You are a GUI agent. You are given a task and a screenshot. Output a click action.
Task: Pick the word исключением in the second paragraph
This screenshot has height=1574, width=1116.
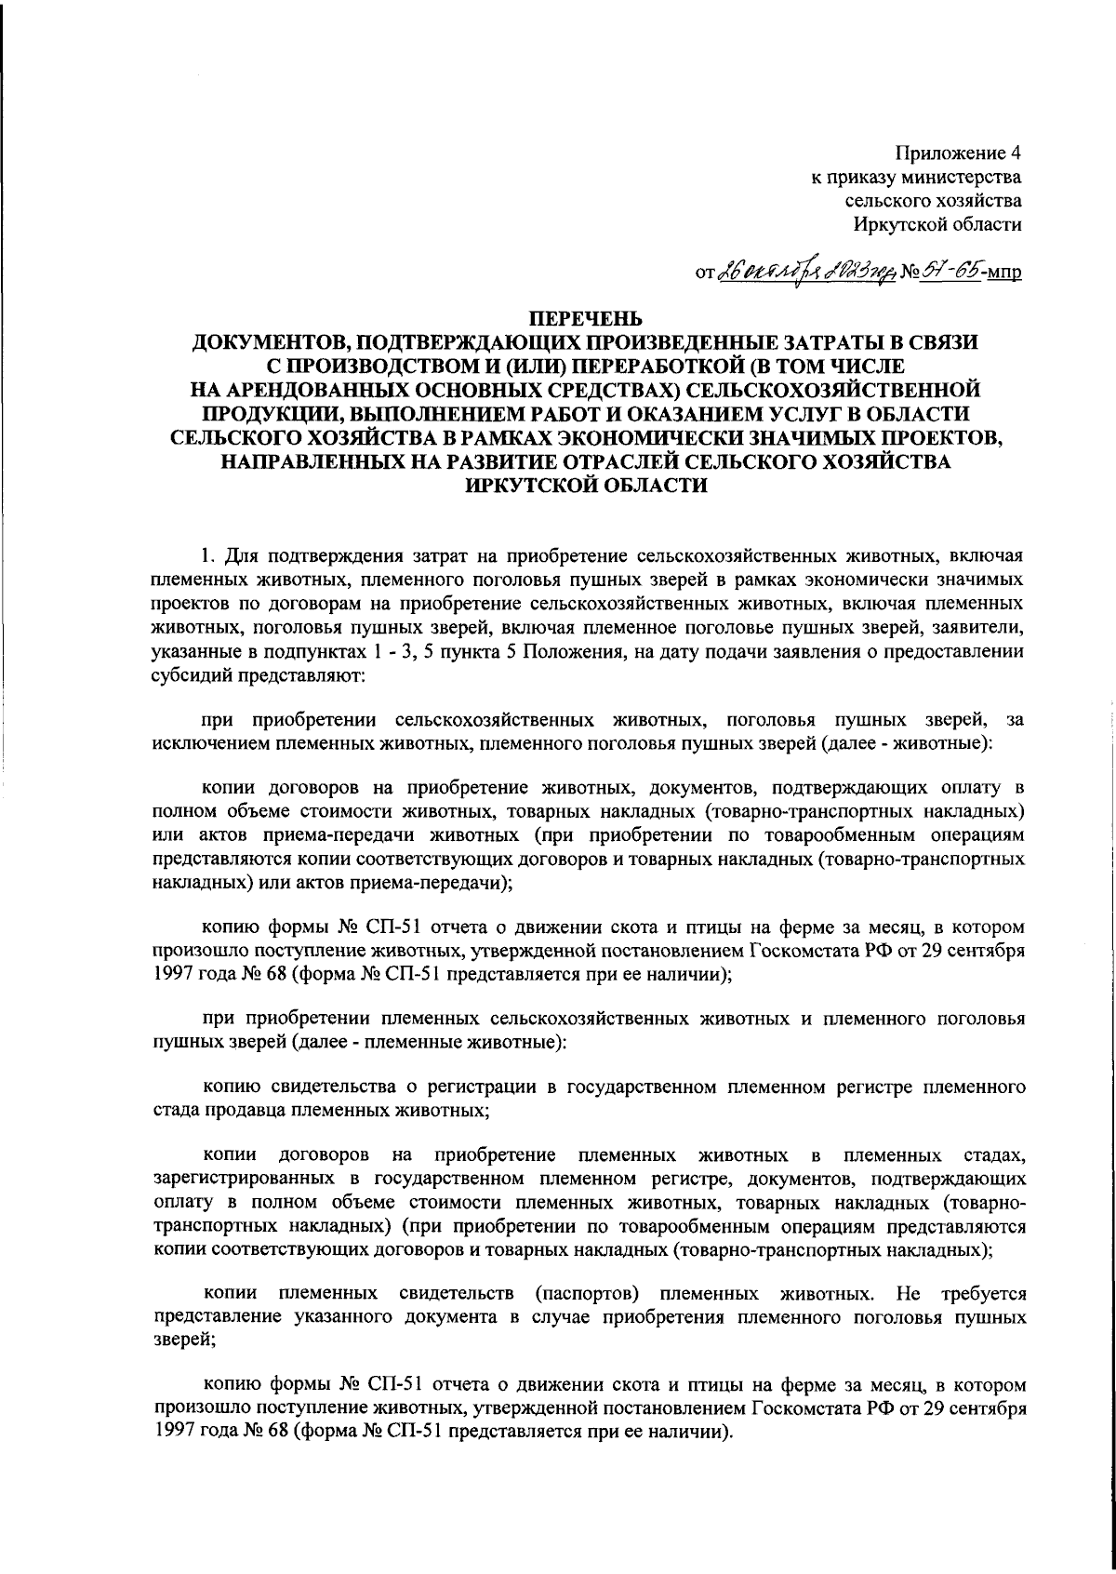(x=197, y=744)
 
